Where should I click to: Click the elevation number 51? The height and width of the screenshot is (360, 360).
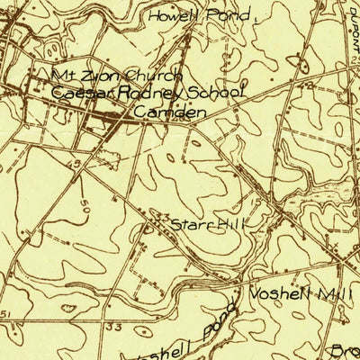click(5, 313)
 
